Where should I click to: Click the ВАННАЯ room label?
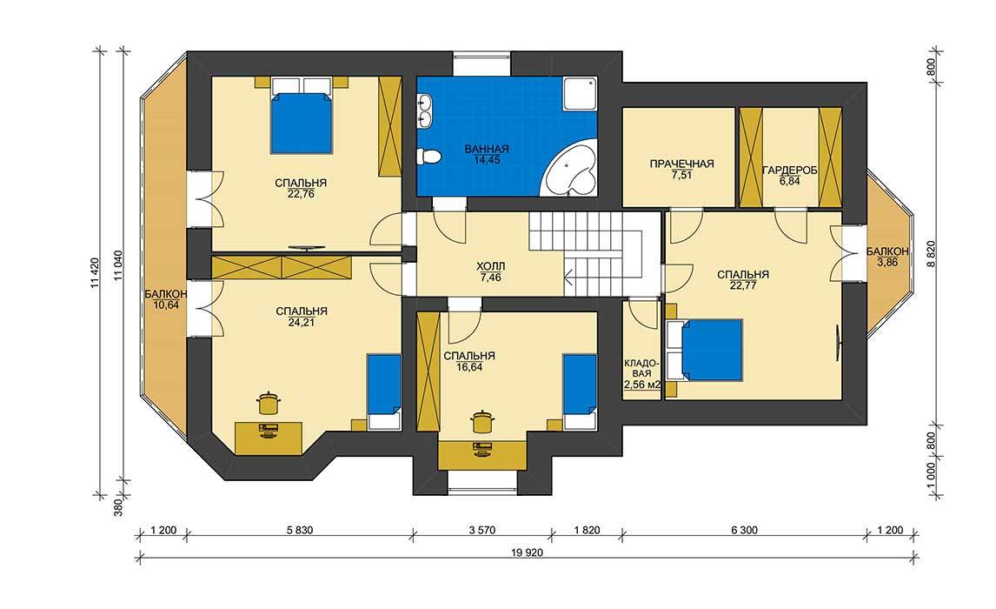pos(487,149)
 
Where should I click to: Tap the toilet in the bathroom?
pos(428,156)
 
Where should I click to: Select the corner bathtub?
pos(570,169)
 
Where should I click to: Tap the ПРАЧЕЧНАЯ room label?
pos(681,164)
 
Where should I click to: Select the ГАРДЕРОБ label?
pos(789,171)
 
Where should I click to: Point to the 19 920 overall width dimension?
pos(527,552)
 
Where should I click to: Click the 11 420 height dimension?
pos(93,273)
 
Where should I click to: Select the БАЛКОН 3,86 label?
pos(887,256)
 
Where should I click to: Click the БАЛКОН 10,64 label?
pos(165,299)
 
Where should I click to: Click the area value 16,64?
pos(468,367)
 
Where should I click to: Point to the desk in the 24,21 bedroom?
pos(269,438)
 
